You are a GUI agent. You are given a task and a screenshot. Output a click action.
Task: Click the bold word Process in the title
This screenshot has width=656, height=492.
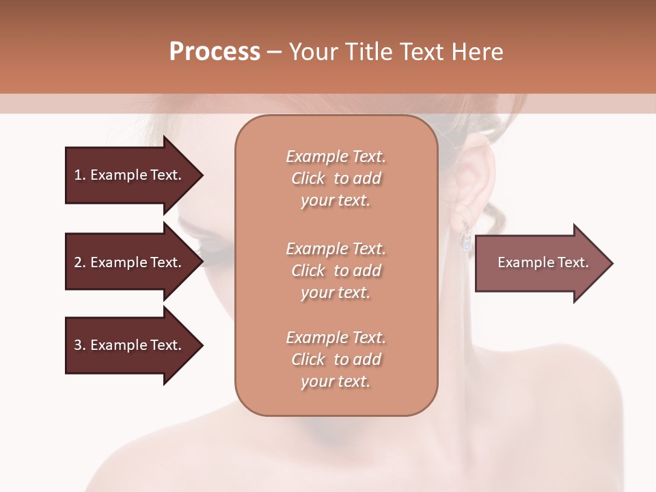[x=215, y=52]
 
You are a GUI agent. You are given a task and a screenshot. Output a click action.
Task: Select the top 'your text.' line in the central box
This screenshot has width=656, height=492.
[x=335, y=201]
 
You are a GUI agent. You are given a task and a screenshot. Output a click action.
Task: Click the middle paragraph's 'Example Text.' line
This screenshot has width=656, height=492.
[x=336, y=249]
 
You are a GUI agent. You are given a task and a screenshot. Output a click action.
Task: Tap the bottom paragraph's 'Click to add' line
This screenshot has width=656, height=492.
[x=336, y=359]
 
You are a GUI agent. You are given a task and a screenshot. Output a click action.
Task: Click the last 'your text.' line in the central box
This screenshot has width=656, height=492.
[x=335, y=382]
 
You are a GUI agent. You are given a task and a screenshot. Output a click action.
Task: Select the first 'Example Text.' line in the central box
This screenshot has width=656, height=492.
[x=336, y=156]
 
